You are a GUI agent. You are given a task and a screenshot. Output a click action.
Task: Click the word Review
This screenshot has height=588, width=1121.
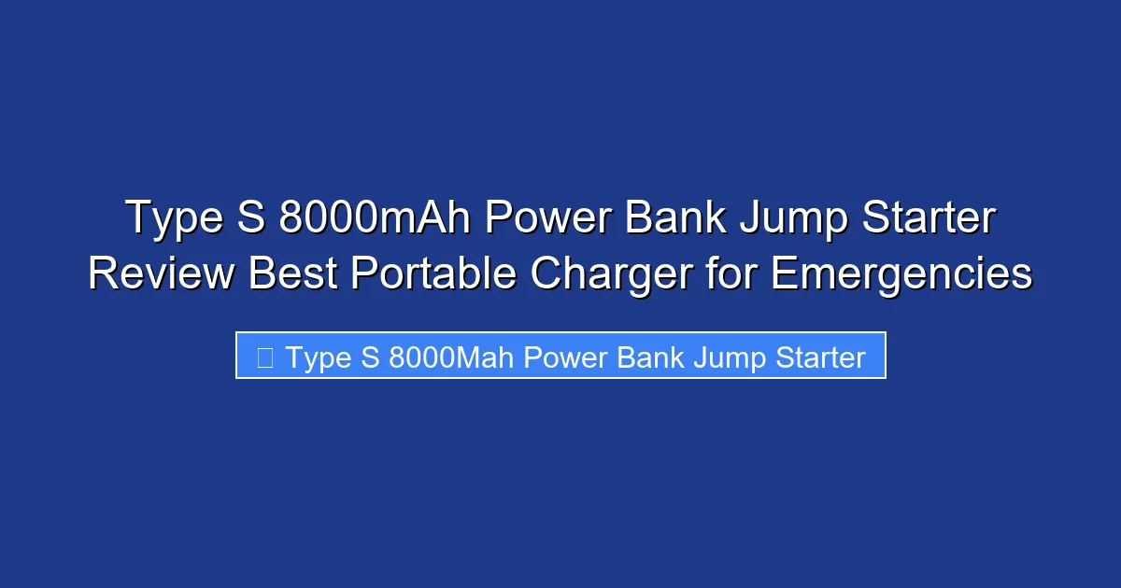point(161,274)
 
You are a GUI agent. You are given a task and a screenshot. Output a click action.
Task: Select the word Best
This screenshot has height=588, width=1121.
point(287,274)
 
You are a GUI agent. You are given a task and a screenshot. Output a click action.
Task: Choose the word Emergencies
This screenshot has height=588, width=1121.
point(902,274)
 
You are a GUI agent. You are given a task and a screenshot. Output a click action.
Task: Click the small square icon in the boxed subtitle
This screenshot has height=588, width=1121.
point(264,357)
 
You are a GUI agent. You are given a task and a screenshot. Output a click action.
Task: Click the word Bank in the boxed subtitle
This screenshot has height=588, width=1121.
point(651,357)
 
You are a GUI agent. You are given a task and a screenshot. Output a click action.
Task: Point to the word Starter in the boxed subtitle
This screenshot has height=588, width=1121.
point(820,357)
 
